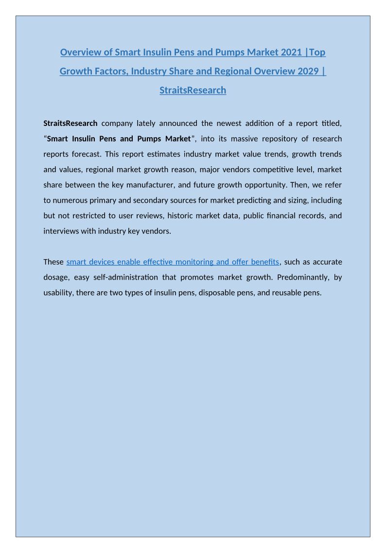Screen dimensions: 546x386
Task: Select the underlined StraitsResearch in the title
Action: (193, 90)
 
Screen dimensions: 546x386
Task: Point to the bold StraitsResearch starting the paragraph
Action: (70, 123)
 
